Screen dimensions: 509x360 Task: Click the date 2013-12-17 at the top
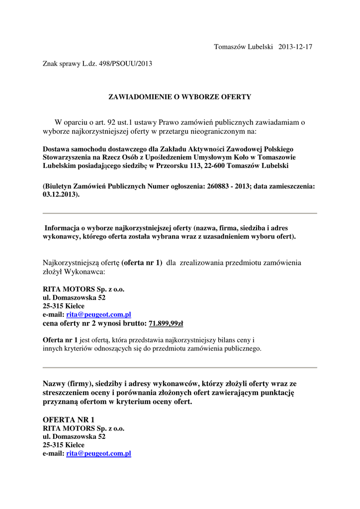coord(295,47)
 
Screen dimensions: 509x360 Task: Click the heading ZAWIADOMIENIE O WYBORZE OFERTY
coord(180,97)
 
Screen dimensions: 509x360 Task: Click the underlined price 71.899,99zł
coord(166,324)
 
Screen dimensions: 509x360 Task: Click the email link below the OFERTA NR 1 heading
coord(98,454)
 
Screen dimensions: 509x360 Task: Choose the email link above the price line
coord(98,315)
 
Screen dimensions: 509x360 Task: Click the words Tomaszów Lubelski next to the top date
coord(243,47)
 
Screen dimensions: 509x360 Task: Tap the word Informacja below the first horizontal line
coord(64,228)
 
